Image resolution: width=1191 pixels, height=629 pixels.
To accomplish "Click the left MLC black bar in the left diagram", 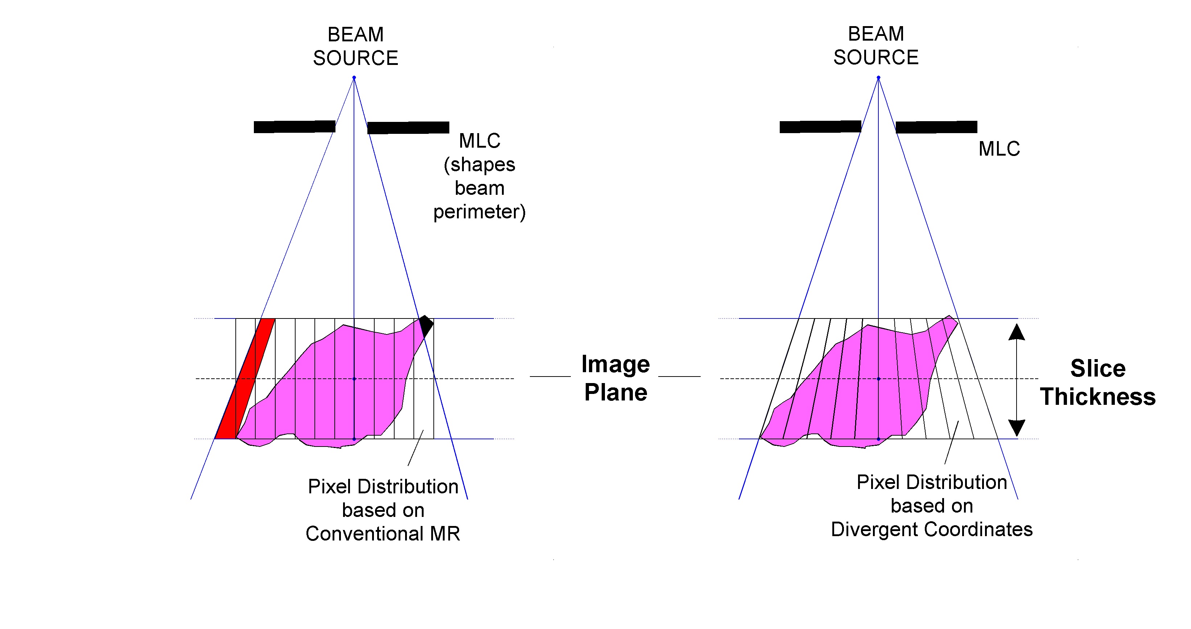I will pyautogui.click(x=294, y=127).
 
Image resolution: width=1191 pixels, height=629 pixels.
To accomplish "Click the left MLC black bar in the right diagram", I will pyautogui.click(x=820, y=127).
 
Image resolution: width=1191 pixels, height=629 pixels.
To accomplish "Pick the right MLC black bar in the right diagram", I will pyautogui.click(x=936, y=127).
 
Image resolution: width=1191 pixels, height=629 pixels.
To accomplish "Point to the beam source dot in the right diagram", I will pyautogui.click(x=878, y=78).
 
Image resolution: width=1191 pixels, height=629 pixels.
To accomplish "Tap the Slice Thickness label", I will pyautogui.click(x=1097, y=382).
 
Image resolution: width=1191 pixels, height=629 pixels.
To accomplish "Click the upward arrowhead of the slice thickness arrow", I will pyautogui.click(x=1017, y=332).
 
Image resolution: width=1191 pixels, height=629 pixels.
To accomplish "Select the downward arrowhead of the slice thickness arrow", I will pyautogui.click(x=1017, y=428).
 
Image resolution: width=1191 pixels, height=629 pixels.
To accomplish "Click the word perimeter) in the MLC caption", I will pyautogui.click(x=479, y=212).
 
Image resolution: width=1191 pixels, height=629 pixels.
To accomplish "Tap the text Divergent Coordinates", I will pyautogui.click(x=932, y=530).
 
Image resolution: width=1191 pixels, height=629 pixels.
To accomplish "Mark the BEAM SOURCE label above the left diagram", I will pyautogui.click(x=355, y=46).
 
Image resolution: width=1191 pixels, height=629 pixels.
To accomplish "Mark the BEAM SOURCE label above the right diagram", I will pyautogui.click(x=876, y=46).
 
